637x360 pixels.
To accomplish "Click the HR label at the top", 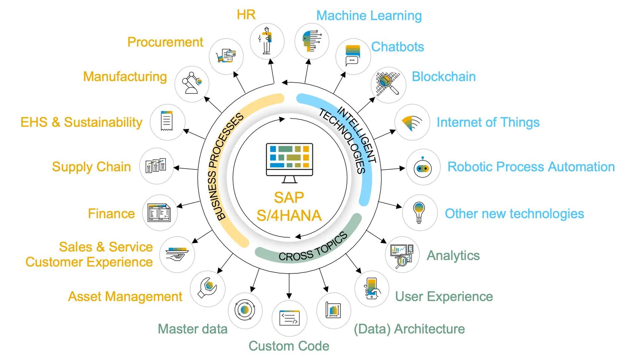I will click(246, 15).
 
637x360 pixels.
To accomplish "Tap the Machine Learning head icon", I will click(312, 41).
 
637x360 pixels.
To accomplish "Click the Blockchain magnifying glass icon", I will click(388, 84).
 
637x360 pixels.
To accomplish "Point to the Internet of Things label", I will click(488, 122).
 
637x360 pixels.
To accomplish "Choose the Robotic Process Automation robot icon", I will click(423, 168).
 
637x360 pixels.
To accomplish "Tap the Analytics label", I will click(453, 255).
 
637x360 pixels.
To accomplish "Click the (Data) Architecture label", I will click(409, 329).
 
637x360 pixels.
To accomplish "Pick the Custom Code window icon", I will click(289, 318).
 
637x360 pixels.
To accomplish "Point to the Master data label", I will click(192, 329).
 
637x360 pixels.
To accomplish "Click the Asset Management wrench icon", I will click(208, 288).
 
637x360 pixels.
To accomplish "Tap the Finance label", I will click(111, 214).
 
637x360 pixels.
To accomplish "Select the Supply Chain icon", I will click(156, 166).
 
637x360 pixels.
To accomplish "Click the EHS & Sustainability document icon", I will click(167, 121).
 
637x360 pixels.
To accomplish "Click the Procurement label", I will click(165, 42).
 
